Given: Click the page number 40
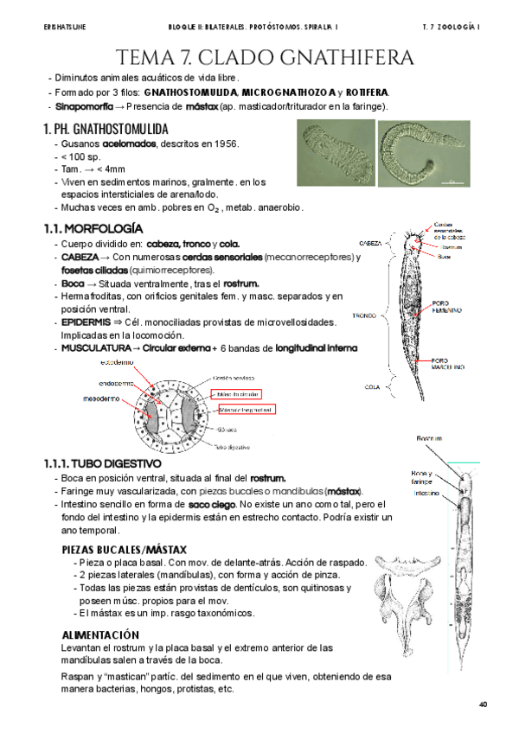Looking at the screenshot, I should coord(483,704).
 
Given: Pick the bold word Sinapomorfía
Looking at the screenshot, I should coord(80,106).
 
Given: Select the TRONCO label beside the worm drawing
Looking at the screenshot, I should coord(363,316).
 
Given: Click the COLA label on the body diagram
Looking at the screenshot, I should coord(372,386).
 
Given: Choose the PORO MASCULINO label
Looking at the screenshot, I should coord(449,364).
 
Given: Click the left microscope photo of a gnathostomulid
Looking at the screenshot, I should coord(335,153).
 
